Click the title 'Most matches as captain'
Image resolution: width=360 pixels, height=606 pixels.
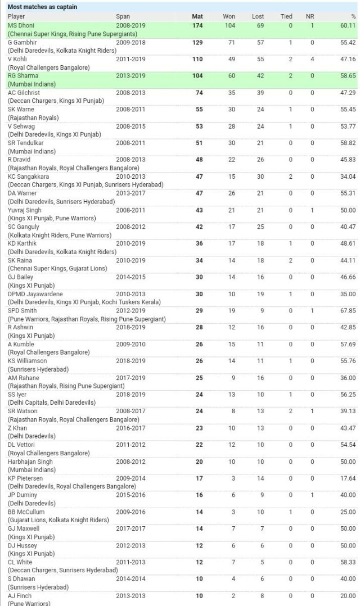(x=42, y=7)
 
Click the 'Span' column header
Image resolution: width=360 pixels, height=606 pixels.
(x=123, y=16)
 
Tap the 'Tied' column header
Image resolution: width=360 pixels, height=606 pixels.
(x=286, y=16)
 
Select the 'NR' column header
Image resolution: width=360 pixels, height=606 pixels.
(x=310, y=16)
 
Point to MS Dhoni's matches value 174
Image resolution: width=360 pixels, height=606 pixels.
(x=197, y=26)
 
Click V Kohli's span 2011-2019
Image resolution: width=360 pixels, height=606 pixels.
(x=130, y=59)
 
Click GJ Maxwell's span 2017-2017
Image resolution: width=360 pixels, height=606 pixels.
(x=130, y=528)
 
